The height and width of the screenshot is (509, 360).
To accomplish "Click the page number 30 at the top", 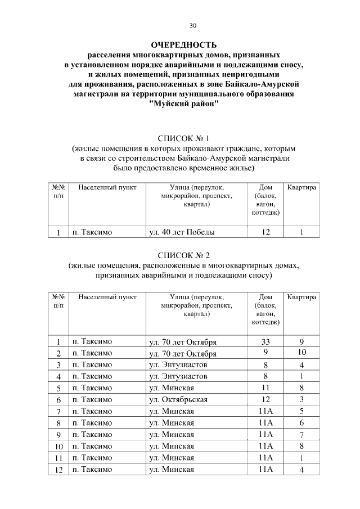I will (x=193, y=26).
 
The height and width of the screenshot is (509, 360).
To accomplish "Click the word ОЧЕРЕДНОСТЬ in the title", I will (x=183, y=44).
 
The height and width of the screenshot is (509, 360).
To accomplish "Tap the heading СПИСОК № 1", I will (x=183, y=138).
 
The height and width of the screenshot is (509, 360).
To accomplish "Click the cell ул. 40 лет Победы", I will (x=181, y=232).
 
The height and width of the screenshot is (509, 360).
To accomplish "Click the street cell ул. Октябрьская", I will (x=178, y=399).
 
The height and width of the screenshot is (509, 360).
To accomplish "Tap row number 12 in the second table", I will (x=58, y=469).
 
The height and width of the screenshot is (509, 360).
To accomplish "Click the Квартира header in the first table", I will (x=301, y=187).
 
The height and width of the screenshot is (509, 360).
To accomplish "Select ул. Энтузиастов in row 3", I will (x=178, y=365).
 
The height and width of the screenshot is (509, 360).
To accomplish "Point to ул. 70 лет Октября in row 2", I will (x=183, y=353).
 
